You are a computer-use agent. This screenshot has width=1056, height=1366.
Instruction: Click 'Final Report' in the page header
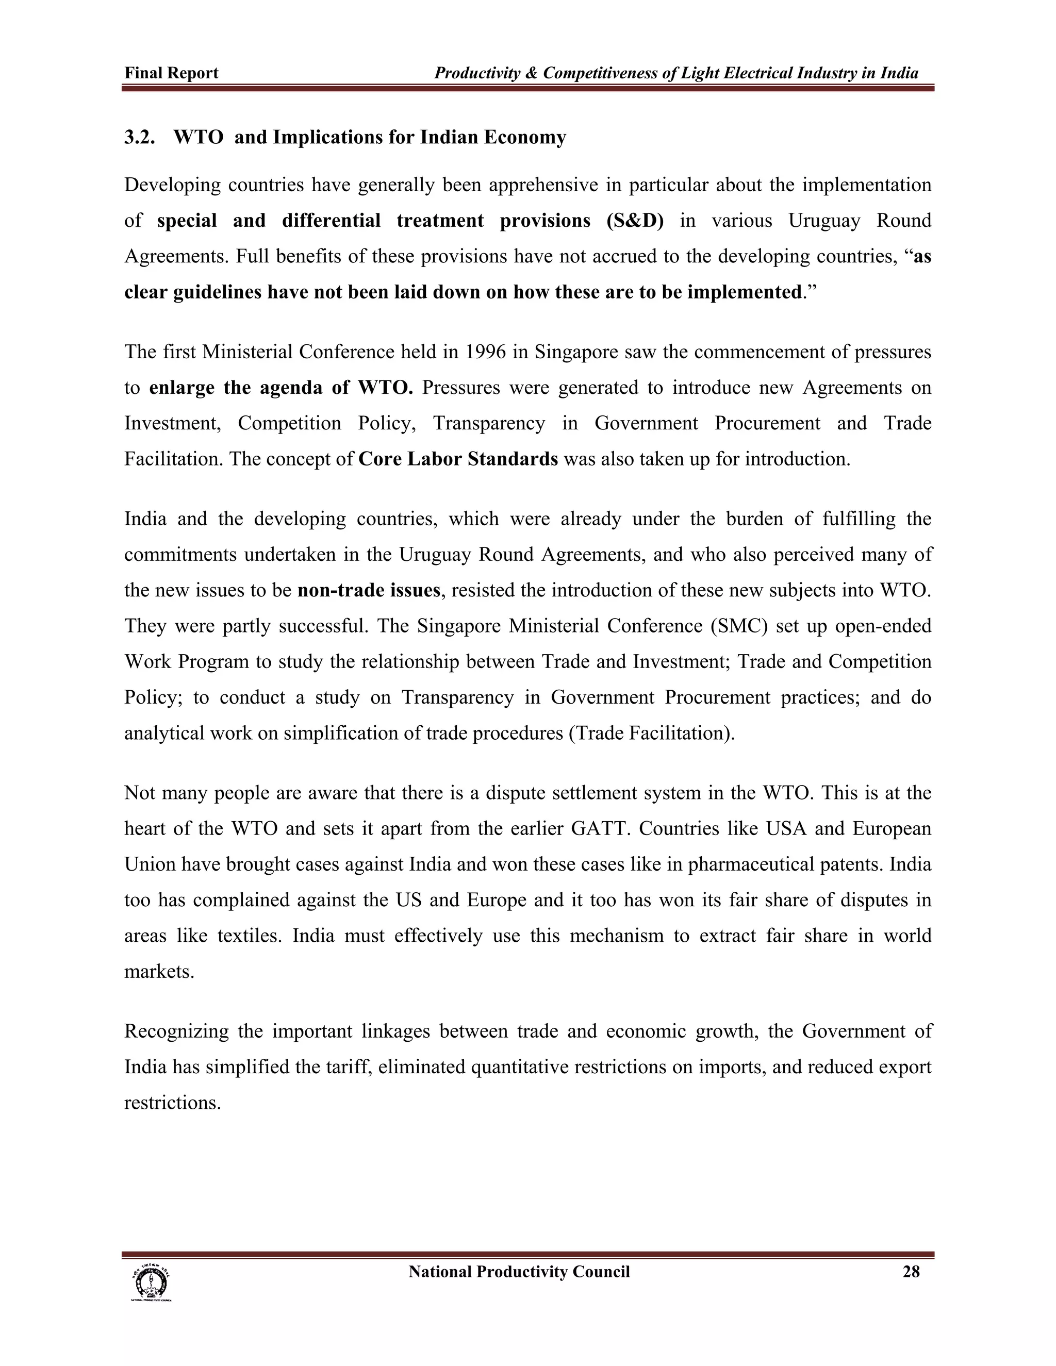(x=171, y=73)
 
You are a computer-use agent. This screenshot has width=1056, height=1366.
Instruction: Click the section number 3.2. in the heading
(x=140, y=137)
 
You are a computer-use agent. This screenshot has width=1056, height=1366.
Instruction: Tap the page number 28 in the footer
(x=911, y=1272)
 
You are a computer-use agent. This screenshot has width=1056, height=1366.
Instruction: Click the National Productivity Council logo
(x=151, y=1282)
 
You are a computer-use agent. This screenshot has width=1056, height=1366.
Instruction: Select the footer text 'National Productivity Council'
(x=519, y=1272)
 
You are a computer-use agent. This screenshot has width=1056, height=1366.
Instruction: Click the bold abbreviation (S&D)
(x=634, y=221)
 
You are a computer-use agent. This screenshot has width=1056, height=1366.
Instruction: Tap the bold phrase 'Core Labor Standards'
(x=458, y=459)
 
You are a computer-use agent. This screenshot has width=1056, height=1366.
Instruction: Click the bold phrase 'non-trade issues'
(x=369, y=590)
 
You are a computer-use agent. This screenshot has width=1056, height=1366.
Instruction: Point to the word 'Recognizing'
(x=176, y=1031)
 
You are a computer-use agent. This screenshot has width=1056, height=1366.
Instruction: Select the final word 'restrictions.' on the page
(x=173, y=1103)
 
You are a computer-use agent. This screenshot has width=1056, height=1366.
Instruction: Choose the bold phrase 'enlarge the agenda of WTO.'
(x=281, y=388)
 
